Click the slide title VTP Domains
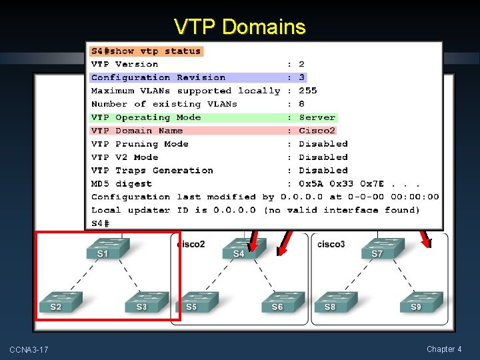coord(239,27)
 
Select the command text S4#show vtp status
coord(146,51)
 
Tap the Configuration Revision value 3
coord(301,77)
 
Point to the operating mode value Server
coord(317,117)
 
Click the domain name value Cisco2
coord(317,131)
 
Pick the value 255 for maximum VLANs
coord(307,91)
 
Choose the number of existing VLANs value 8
coord(301,104)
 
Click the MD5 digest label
coord(121,183)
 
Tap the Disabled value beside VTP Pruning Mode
coord(323,144)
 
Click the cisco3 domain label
coord(331,244)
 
